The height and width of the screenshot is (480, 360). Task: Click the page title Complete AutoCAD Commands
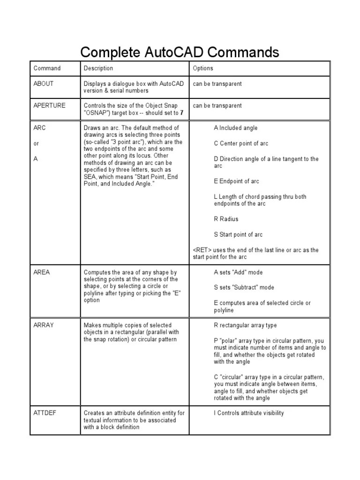[180, 52]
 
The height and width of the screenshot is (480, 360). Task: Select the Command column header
[47, 68]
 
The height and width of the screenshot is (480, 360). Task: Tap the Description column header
[98, 68]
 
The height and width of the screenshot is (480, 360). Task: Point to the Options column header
[203, 68]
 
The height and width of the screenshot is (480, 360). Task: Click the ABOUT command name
[44, 84]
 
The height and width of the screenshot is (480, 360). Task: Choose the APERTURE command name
[49, 106]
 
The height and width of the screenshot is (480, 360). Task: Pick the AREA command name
[42, 272]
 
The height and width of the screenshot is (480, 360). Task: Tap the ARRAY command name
[44, 325]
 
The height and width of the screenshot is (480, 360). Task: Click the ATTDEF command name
[45, 413]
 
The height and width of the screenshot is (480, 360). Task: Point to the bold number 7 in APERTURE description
[181, 113]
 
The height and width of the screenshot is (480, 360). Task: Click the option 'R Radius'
[226, 219]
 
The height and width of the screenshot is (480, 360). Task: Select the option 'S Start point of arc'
[238, 235]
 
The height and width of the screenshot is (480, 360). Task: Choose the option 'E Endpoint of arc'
[236, 181]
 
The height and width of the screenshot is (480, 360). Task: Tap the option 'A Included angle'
[235, 128]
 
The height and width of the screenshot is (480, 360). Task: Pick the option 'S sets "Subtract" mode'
[244, 287]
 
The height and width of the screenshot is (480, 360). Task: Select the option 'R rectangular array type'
[245, 325]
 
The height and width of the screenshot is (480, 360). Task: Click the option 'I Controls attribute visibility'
[248, 413]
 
